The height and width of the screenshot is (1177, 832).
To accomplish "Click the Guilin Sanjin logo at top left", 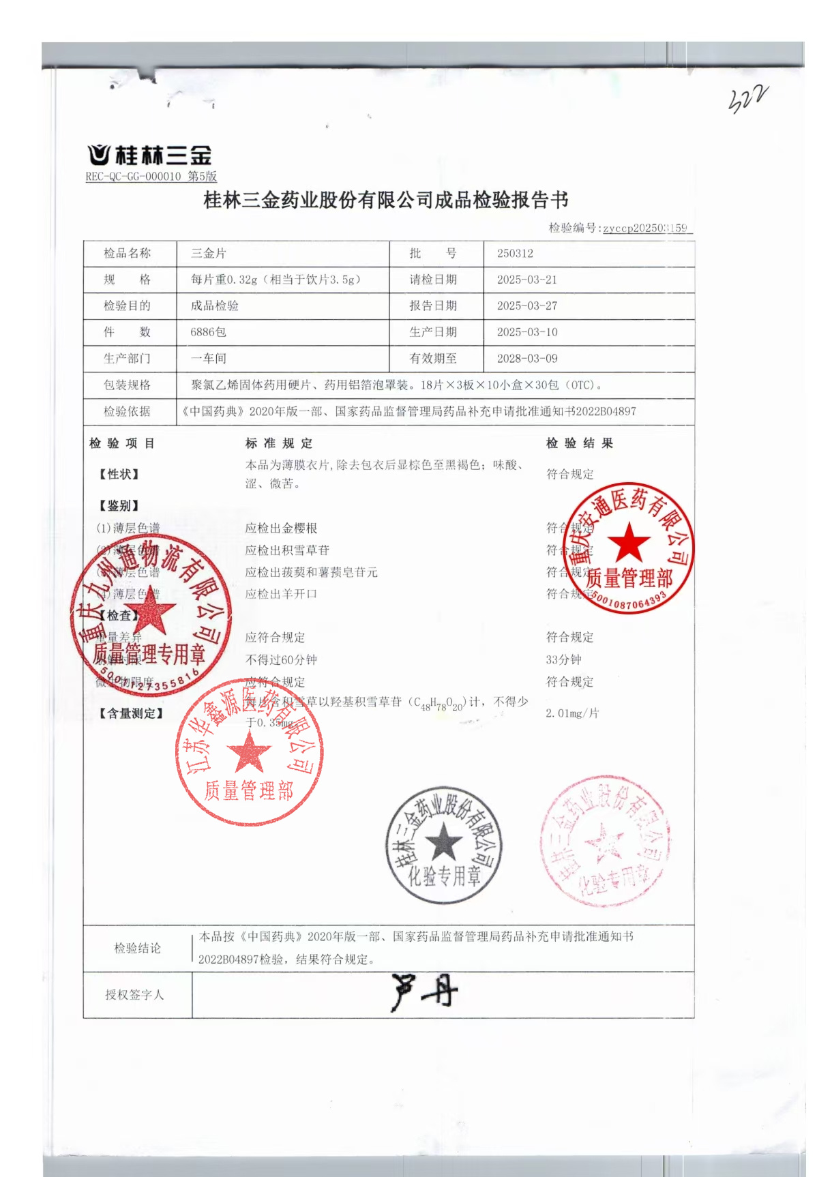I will (149, 155).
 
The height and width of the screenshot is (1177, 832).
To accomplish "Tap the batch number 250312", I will (515, 254).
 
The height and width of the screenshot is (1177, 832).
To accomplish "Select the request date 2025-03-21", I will (526, 280).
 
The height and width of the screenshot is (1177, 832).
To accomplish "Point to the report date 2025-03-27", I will (526, 306).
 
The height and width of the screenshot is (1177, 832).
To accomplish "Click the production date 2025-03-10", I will (526, 332).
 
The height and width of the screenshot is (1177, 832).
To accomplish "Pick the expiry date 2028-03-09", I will (526, 359).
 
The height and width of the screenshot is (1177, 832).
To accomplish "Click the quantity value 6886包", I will (208, 332).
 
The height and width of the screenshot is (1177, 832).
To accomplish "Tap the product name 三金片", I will (208, 254).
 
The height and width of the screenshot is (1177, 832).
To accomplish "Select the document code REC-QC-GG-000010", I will (133, 177).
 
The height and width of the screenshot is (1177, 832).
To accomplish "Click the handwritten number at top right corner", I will (747, 100).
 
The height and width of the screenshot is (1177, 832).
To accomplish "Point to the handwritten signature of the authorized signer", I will (424, 993).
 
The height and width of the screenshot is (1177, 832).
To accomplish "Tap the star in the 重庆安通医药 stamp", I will (628, 543).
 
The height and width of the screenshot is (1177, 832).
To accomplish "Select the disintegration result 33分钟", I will (563, 660).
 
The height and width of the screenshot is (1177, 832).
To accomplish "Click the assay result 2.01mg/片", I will (572, 713).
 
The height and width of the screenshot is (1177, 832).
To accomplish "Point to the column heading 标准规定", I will (279, 444).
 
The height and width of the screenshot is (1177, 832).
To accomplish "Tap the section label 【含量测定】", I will (131, 713).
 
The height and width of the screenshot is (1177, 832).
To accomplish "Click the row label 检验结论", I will (137, 949).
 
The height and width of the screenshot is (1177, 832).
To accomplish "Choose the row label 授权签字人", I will (134, 995).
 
